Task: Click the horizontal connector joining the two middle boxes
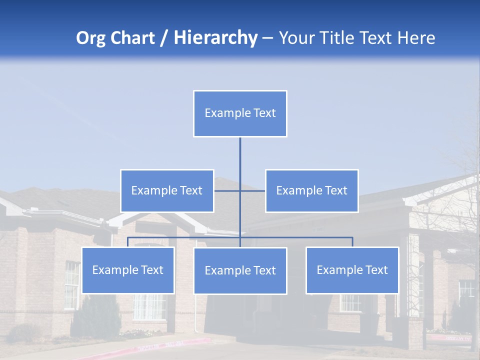point(252,190)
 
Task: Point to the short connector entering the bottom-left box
point(127,242)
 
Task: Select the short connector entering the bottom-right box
point(352,242)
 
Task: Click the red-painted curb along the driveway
point(170,345)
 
